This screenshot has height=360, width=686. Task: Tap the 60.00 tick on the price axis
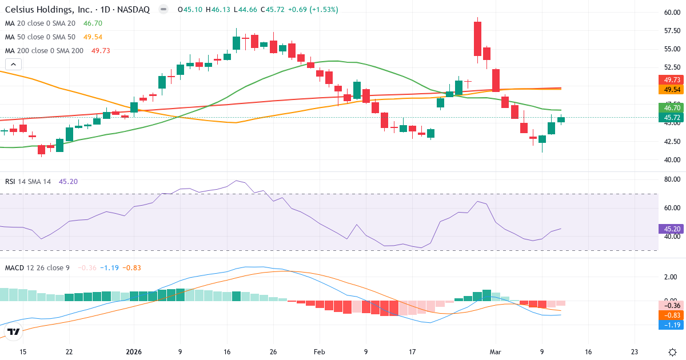(x=671, y=13)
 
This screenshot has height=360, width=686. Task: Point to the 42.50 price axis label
(x=671, y=142)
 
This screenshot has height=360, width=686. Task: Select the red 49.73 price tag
(x=672, y=80)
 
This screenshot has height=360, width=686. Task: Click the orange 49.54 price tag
(x=672, y=90)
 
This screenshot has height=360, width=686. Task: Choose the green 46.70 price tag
(x=672, y=108)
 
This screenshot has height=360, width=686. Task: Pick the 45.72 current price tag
(x=672, y=118)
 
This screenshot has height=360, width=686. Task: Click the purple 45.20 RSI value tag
(x=672, y=229)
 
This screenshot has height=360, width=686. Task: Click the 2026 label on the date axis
(x=134, y=351)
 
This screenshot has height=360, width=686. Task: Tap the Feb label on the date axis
(x=320, y=351)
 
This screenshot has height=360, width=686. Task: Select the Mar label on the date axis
(x=495, y=351)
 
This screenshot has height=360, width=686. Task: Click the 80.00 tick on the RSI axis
(x=671, y=179)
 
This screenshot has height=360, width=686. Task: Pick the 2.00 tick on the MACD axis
(x=671, y=277)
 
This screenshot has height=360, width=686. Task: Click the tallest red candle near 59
(x=477, y=39)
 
